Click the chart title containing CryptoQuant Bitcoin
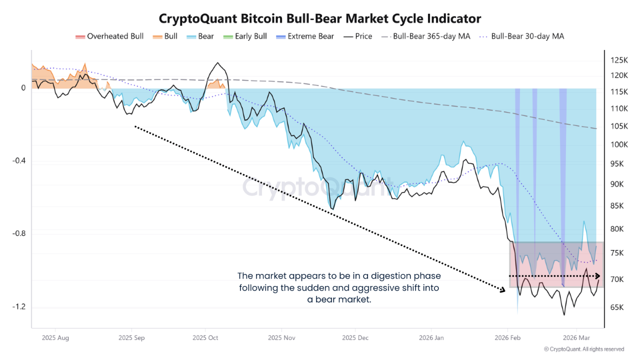[x=320, y=18]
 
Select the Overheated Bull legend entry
[x=109, y=36]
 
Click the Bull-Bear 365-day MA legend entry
[x=426, y=36]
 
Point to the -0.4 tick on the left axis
[x=18, y=161]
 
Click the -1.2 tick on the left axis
[x=18, y=306]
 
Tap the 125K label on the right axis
[x=619, y=60]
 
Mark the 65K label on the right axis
[x=617, y=307]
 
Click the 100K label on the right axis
[x=619, y=144]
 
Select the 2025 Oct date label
[x=205, y=338]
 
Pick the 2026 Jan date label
[x=432, y=338]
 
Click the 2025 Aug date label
[x=56, y=338]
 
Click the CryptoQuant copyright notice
[x=583, y=349]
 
